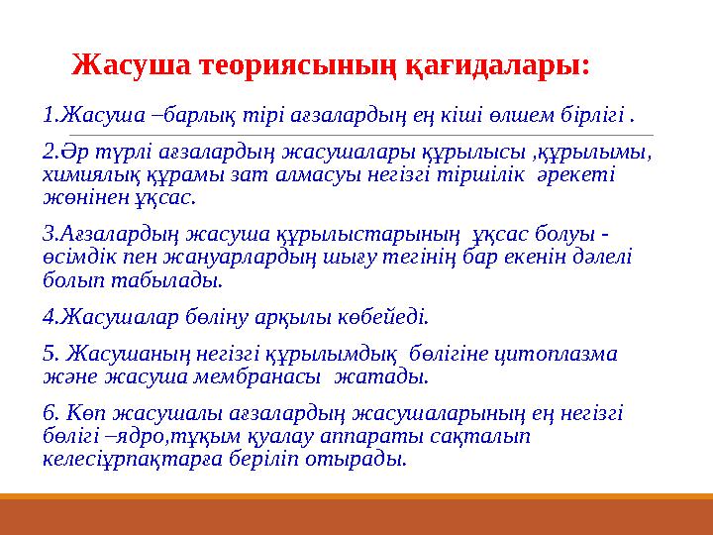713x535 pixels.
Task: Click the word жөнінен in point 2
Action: tap(82, 196)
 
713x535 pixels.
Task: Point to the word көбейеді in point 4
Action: tap(392, 317)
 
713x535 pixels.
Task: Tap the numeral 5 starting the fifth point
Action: tap(49, 354)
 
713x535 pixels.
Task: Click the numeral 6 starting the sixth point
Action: tap(49, 413)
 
